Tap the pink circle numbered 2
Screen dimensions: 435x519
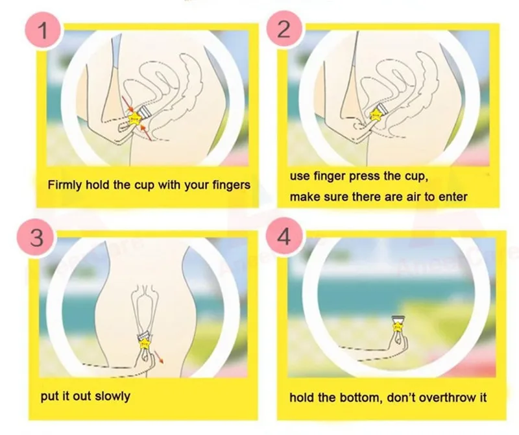coord(283,30)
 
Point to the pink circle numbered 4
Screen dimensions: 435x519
coord(283,237)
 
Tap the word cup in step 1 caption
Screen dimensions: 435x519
coord(139,185)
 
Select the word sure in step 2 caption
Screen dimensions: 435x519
coord(343,197)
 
